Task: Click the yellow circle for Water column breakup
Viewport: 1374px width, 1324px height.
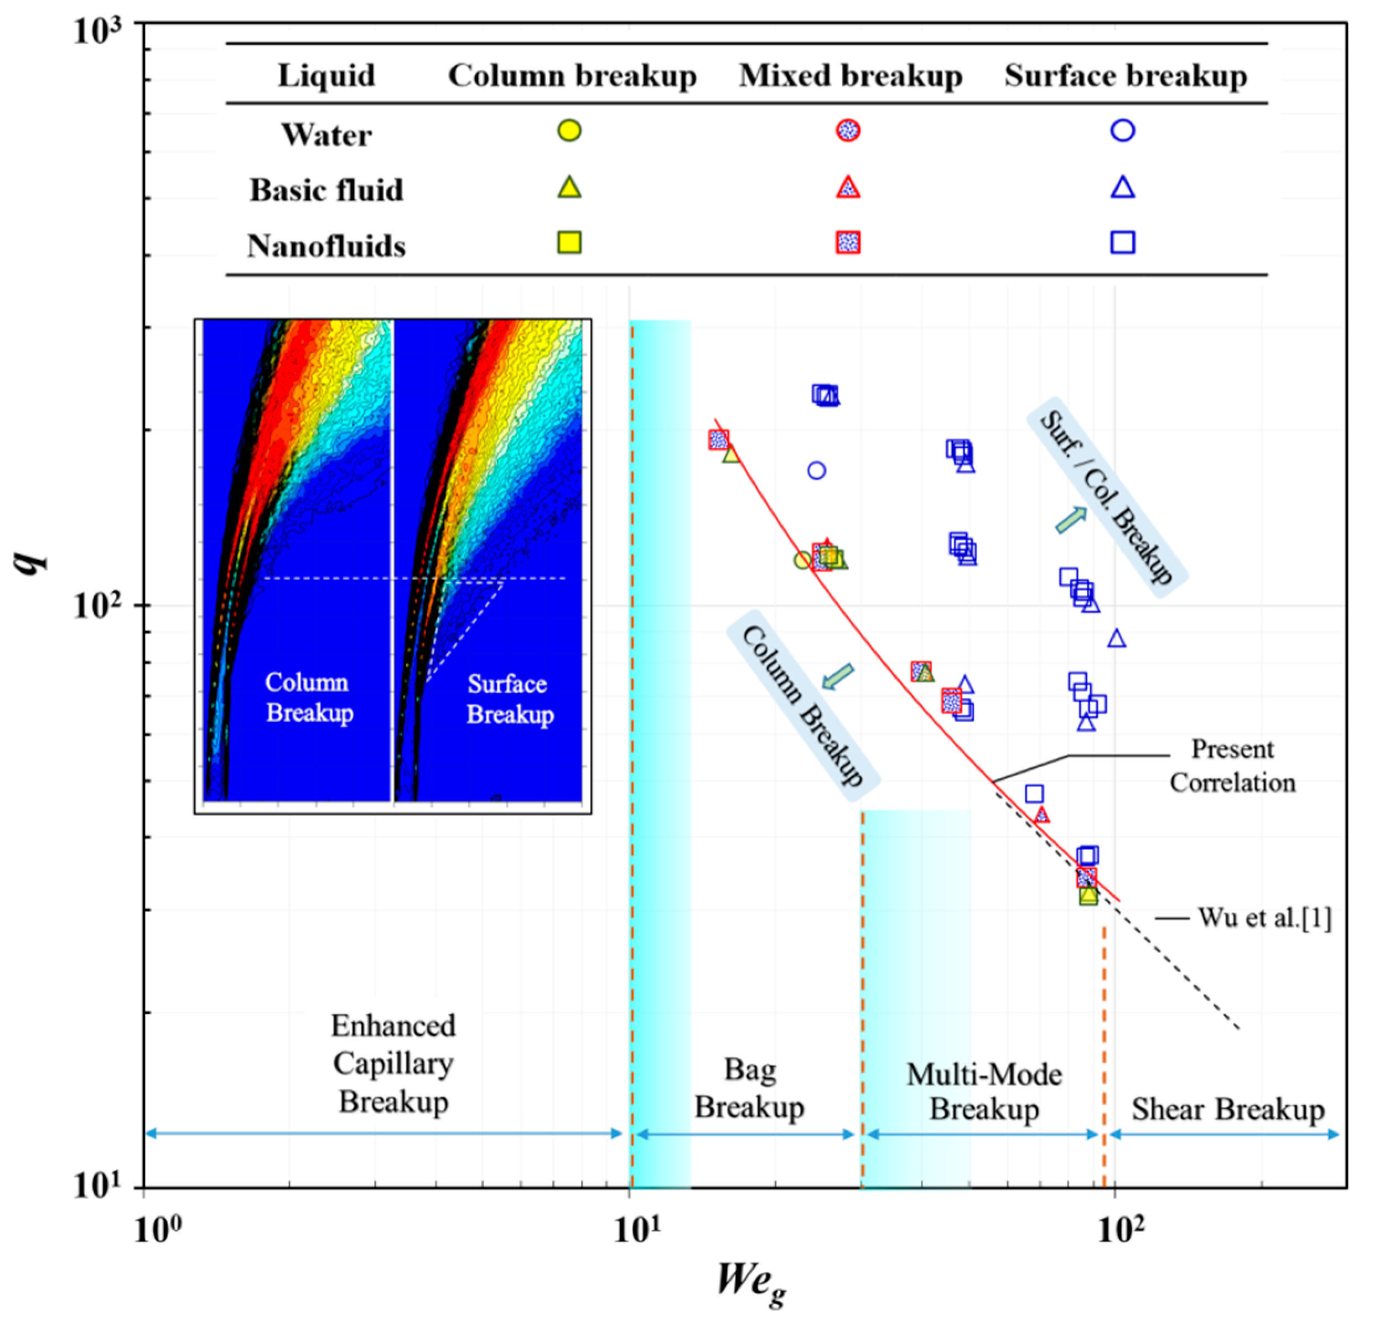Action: (570, 131)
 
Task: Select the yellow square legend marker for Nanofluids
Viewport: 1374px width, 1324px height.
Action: (569, 242)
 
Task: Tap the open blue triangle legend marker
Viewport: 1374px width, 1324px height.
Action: (1123, 187)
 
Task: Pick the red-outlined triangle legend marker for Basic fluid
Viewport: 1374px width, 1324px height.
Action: (848, 187)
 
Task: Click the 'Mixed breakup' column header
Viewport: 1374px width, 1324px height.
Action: (851, 76)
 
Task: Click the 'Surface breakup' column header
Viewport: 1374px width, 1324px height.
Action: (1126, 76)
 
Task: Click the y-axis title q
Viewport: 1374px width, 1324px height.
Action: (32, 561)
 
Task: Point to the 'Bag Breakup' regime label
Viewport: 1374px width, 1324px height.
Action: (749, 1088)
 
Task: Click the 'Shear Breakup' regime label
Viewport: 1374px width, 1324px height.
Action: (1227, 1109)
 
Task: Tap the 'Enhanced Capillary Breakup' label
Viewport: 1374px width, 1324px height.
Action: (393, 1064)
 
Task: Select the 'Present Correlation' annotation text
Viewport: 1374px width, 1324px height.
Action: (1232, 766)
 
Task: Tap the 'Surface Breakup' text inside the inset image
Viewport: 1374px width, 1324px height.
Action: (510, 699)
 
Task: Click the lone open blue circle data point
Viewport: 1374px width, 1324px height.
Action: (816, 470)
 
